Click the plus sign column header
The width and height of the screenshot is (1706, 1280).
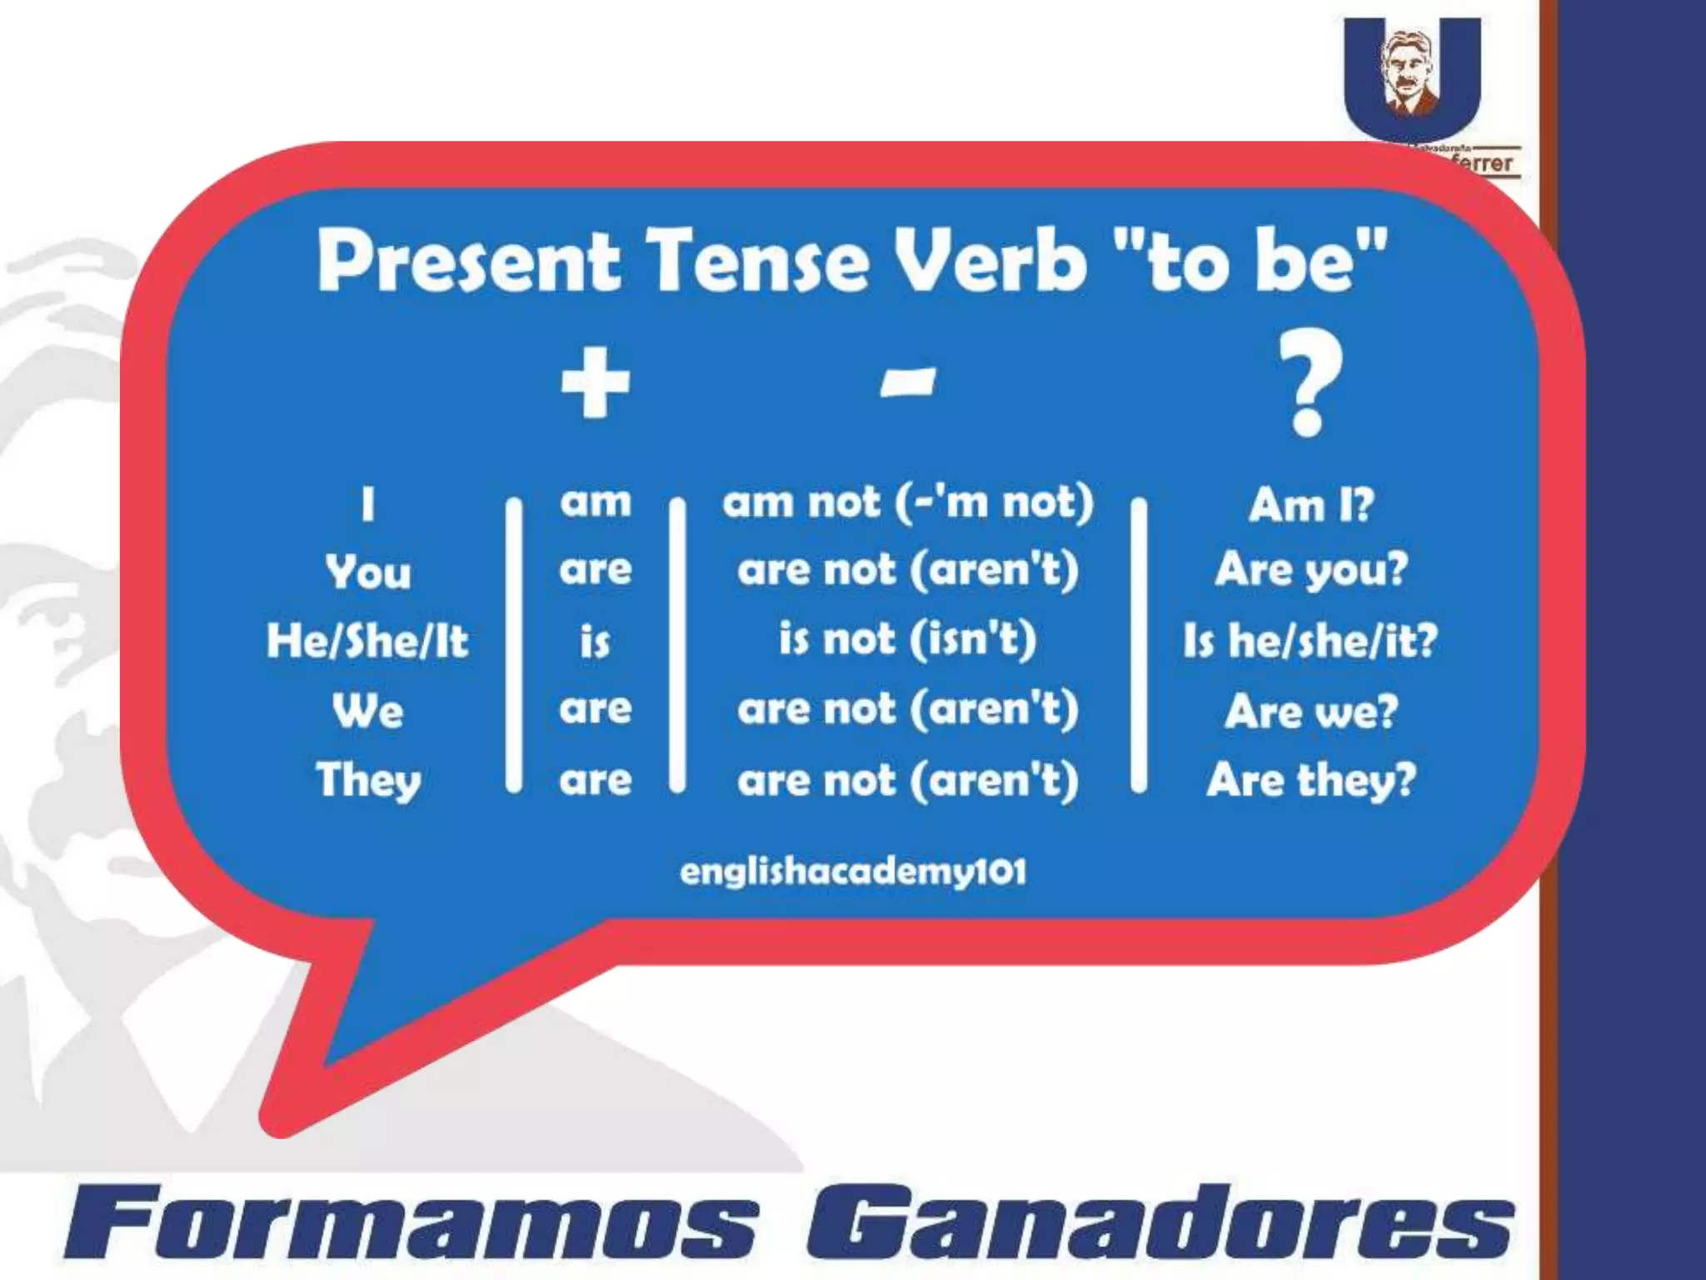[595, 382]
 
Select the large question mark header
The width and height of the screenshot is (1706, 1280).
[1308, 384]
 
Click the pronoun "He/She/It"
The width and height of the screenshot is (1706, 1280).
[367, 641]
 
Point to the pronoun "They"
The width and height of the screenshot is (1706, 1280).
[368, 782]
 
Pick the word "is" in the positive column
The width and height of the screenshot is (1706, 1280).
[595, 641]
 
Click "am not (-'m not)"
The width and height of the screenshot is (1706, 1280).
[907, 502]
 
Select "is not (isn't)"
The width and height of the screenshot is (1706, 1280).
[907, 640]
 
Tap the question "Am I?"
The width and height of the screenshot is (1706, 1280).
[1310, 504]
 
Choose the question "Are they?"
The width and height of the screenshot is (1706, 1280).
[1310, 781]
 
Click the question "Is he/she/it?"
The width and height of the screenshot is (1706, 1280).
[1310, 641]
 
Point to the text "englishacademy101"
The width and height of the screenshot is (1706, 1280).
[853, 872]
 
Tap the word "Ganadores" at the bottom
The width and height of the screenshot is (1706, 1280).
[1158, 1224]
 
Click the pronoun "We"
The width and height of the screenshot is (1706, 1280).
[367, 711]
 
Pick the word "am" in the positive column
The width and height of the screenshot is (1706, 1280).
[595, 502]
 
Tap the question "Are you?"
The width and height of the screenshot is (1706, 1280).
[1310, 571]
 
